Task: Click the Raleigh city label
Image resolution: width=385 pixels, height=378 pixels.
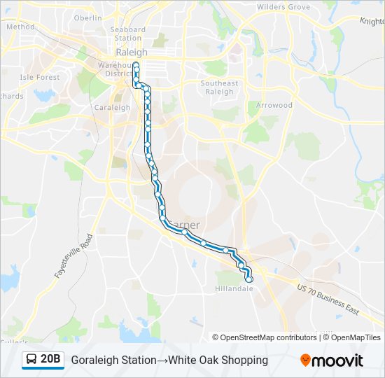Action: click(x=132, y=52)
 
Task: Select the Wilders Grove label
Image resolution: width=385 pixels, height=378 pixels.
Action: click(x=283, y=7)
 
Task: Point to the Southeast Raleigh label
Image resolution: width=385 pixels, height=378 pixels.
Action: click(x=219, y=87)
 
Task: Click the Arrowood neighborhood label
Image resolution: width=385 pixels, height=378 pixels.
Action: click(x=274, y=105)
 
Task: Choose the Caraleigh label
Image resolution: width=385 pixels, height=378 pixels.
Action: click(x=112, y=108)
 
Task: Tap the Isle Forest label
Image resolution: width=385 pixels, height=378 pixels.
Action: click(x=40, y=77)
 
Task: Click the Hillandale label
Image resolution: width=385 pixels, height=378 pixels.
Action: click(x=234, y=288)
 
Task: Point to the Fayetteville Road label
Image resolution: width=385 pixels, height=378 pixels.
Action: click(x=73, y=257)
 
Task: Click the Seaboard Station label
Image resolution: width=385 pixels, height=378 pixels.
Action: click(x=128, y=34)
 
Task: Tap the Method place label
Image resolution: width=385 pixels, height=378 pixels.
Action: click(x=20, y=27)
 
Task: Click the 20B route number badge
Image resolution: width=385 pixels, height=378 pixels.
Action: click(x=50, y=359)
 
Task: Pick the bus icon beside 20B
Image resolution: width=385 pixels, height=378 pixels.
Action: click(x=31, y=360)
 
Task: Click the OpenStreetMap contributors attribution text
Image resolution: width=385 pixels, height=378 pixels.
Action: click(x=269, y=337)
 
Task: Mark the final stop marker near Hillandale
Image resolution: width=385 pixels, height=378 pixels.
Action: click(x=248, y=279)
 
